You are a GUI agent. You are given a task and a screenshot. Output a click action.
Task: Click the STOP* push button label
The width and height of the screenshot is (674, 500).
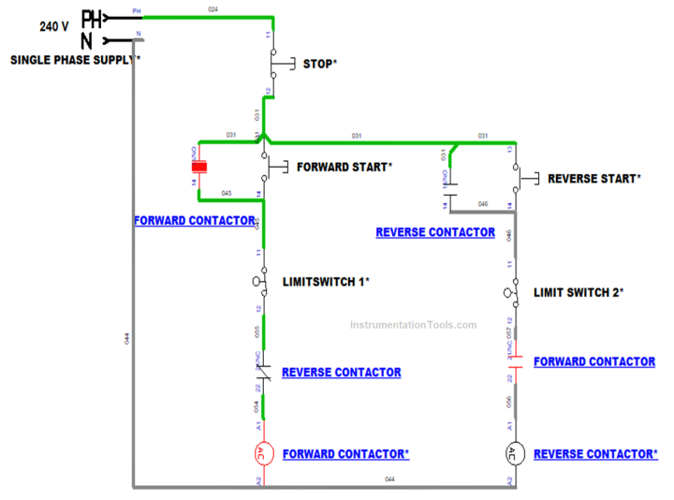pos(319,65)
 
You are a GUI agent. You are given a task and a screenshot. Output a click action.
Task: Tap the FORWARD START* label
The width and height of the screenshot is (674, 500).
pos(344,168)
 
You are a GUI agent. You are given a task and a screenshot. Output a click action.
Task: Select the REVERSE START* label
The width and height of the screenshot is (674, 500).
pos(593,178)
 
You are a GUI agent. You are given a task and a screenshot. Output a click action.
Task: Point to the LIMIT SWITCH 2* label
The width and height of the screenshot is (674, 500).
pos(579,292)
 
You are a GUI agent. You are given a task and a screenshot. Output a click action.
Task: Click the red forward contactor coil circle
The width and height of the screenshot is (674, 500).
pos(263,454)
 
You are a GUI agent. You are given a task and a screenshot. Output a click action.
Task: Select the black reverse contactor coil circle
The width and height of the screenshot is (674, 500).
pos(511,454)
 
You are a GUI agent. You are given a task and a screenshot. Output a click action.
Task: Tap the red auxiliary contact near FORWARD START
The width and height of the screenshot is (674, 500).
pos(198,169)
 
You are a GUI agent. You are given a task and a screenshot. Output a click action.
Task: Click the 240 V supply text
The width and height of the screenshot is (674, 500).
pos(53,27)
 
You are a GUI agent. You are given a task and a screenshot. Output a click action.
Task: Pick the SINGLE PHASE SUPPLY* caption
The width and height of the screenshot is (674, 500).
pos(76,59)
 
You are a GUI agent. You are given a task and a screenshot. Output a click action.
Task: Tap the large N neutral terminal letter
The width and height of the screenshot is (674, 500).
pos(87,41)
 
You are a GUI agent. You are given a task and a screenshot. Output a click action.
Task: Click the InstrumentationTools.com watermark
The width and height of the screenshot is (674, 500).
pos(413,326)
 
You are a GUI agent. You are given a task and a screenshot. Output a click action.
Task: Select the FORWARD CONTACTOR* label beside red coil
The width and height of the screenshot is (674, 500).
pos(345,454)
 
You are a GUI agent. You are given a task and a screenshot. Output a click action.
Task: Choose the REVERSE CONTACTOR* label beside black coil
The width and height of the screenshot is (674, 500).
pos(595,454)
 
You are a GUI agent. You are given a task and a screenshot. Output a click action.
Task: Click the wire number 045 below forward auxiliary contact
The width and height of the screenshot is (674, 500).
pos(227,194)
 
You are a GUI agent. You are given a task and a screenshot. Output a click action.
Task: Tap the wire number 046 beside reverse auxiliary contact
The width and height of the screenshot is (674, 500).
pos(483,203)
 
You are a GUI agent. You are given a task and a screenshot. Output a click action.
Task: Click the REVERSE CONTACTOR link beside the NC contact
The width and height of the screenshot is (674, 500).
pos(341,373)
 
